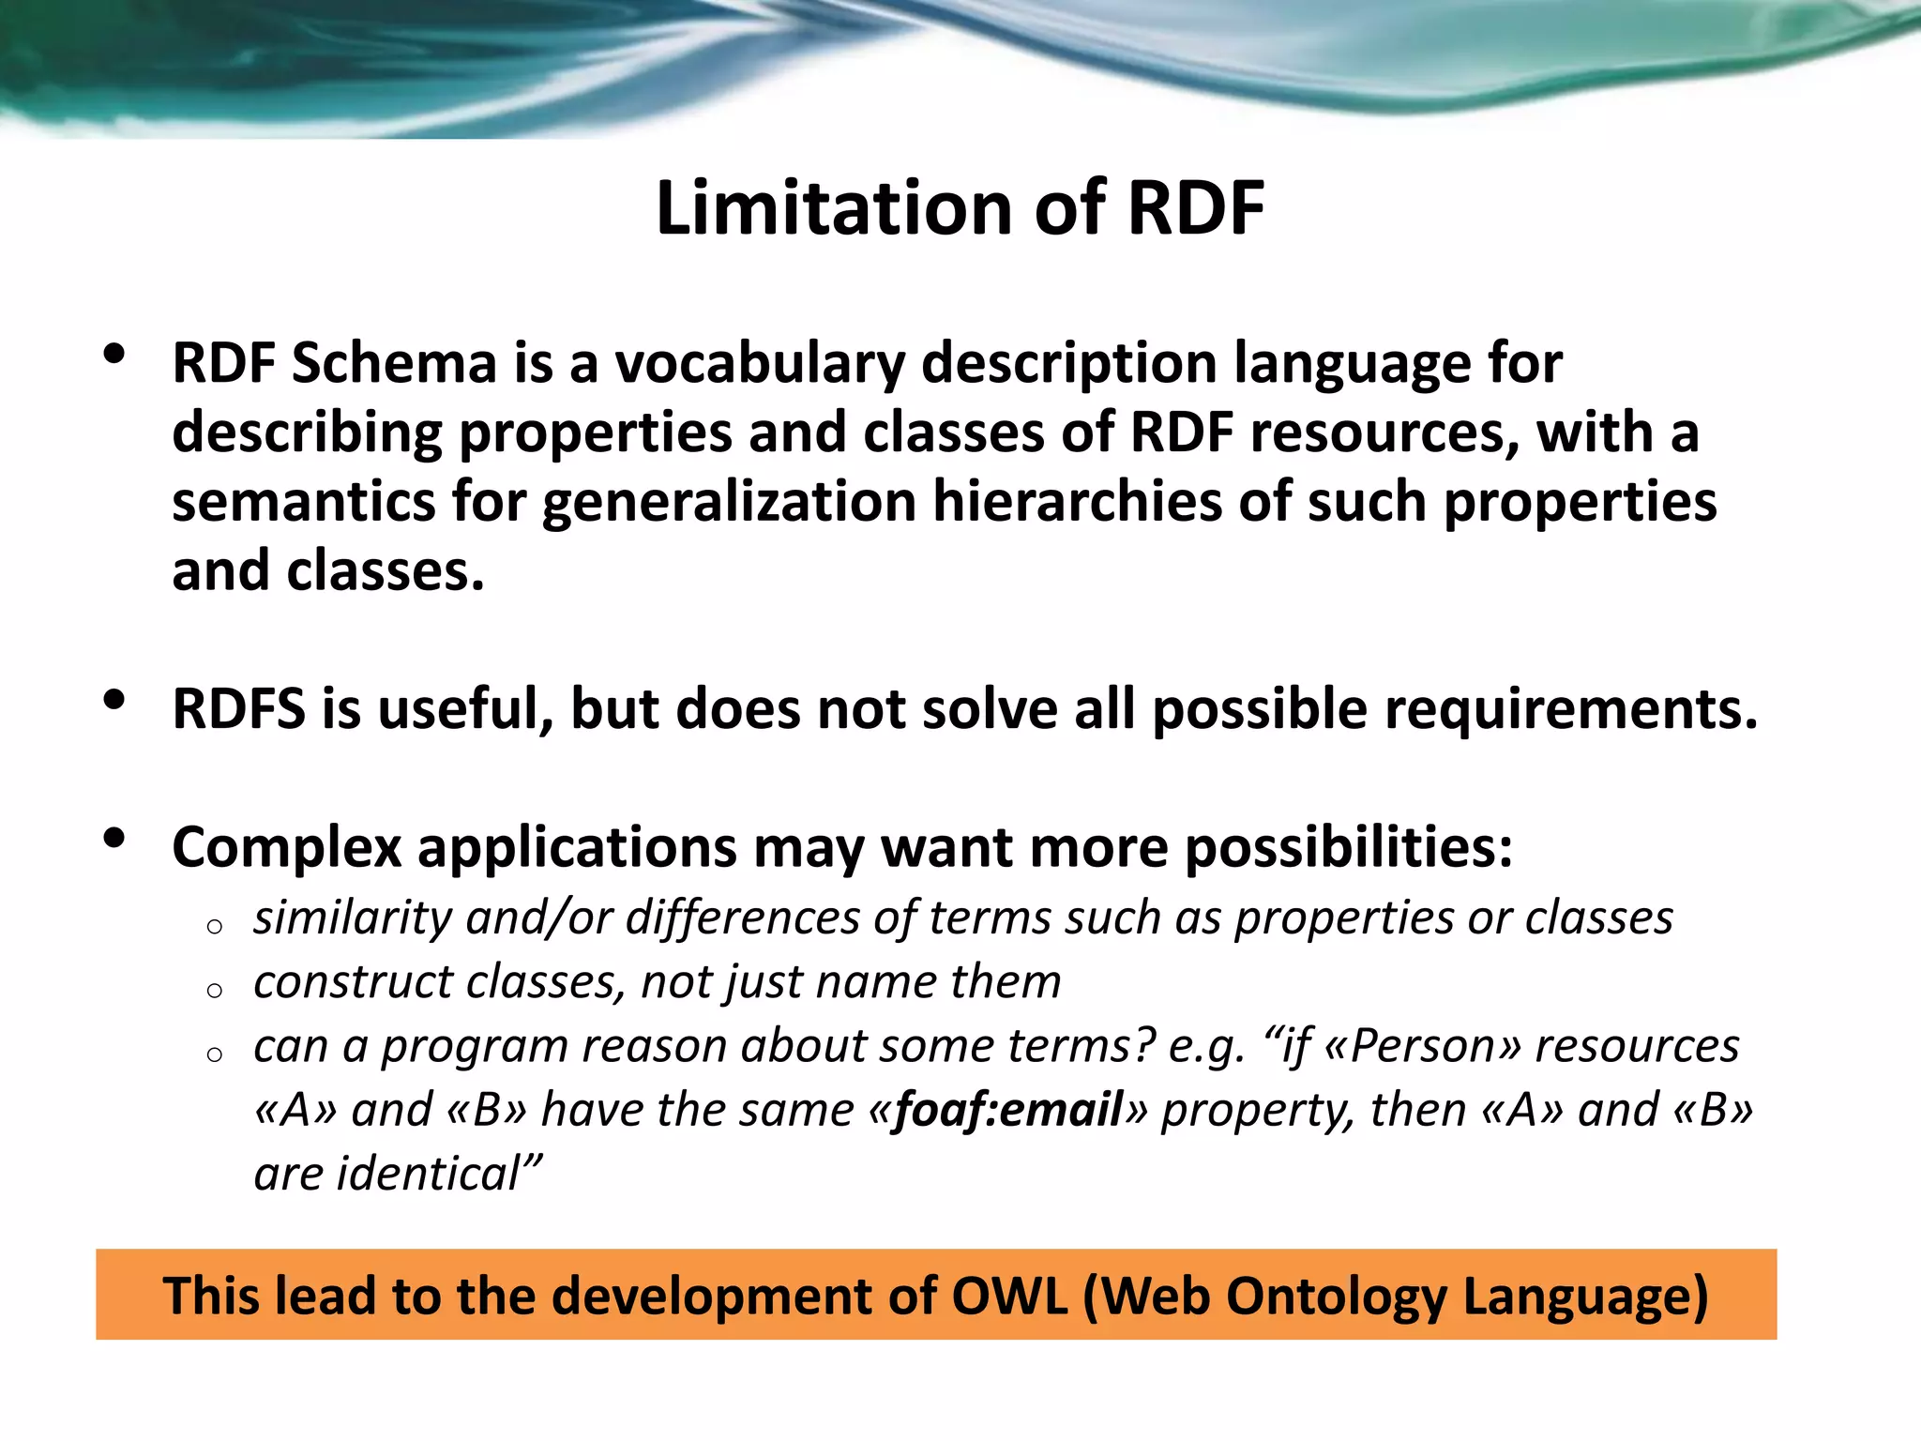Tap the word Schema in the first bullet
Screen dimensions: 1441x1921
[394, 363]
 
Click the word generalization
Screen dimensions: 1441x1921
[729, 502]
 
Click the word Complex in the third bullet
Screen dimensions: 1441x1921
[286, 847]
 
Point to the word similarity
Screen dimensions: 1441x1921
[354, 918]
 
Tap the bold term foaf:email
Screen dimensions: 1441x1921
[1008, 1111]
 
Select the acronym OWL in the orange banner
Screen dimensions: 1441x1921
[1009, 1297]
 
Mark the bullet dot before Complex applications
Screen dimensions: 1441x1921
[114, 839]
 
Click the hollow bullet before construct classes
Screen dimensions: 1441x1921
[215, 991]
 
